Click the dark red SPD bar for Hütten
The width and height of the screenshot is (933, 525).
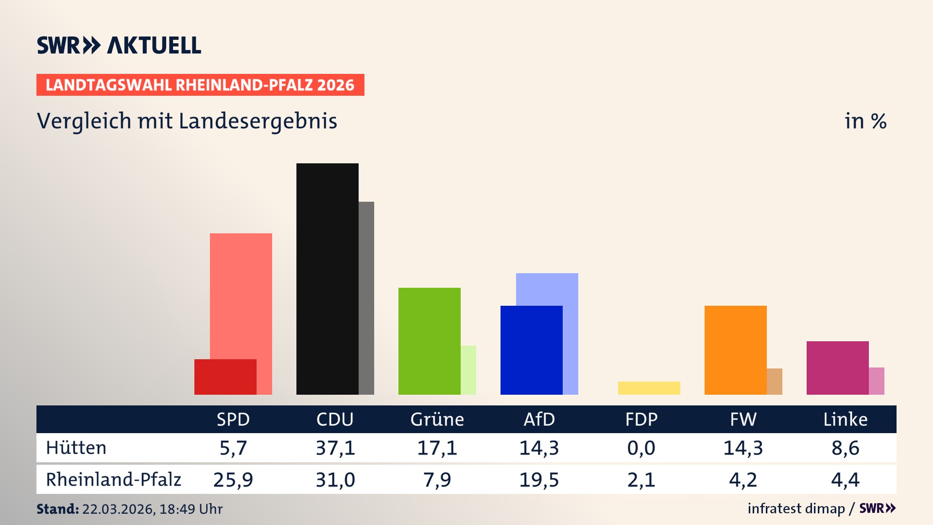[225, 377]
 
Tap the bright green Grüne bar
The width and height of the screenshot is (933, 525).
[430, 341]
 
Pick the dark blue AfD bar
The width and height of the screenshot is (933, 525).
[532, 350]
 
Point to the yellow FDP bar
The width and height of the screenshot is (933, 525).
[649, 388]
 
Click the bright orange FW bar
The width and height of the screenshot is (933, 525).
[736, 350]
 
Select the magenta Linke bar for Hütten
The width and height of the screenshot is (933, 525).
[838, 367]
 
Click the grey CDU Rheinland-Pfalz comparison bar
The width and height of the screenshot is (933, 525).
[366, 297]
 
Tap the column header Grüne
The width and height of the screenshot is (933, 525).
[437, 419]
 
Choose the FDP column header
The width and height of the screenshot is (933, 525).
[641, 419]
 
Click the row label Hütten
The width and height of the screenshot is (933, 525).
[76, 448]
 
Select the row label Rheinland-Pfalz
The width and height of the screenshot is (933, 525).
[113, 480]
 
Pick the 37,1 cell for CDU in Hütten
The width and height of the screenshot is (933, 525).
[335, 448]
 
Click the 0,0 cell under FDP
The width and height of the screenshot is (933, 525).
[641, 448]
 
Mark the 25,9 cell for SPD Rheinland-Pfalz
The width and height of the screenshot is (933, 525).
[233, 480]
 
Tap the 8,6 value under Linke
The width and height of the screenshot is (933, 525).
[846, 448]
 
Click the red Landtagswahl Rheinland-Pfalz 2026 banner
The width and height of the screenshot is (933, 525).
[200, 85]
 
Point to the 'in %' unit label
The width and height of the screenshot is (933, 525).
[865, 121]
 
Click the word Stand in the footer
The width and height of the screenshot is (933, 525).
[57, 509]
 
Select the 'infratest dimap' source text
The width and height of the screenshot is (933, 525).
[796, 508]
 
